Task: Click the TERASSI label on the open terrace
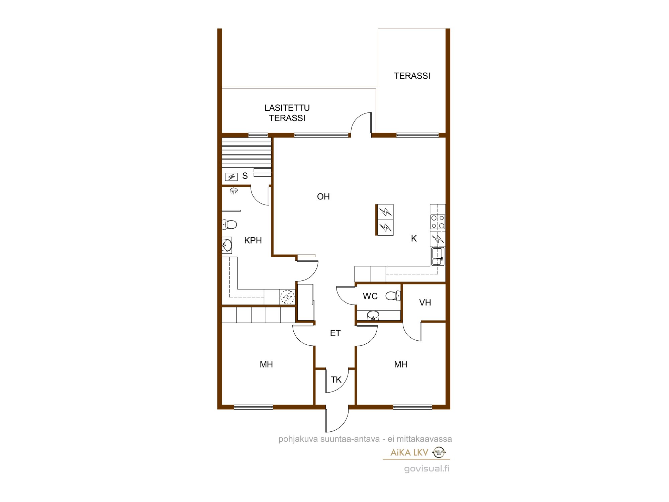coord(412,76)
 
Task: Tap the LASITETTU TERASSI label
coord(287,113)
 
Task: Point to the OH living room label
coord(323,196)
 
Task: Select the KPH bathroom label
coord(253,240)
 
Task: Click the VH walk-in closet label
coord(425,303)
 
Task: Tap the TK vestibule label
coord(336,380)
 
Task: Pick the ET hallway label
coord(335,333)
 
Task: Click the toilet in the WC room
coord(393,296)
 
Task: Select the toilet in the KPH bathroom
coord(229,224)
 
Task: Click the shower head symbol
coord(234,190)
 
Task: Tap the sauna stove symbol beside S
coord(231,177)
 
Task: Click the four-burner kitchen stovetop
coord(438,222)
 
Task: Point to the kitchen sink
coord(438,257)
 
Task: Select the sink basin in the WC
coord(373,315)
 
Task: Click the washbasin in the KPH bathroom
coord(227,245)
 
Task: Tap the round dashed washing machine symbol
coord(287,297)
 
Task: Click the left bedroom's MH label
coord(266,364)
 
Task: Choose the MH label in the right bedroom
coord(401,364)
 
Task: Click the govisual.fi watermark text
coord(427,469)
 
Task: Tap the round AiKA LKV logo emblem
coord(439,452)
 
